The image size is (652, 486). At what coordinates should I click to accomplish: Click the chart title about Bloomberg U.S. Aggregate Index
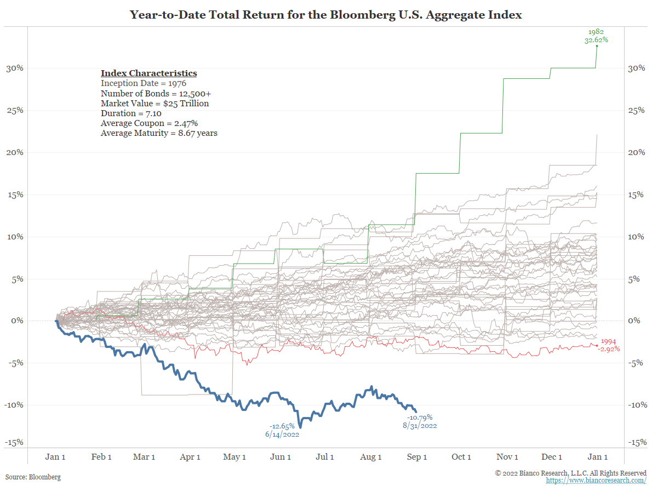[x=325, y=15]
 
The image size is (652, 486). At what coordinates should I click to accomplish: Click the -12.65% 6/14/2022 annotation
[x=283, y=430]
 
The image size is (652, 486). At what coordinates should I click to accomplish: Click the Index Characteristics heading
[x=148, y=73]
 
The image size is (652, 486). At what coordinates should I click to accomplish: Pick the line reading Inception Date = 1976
[x=144, y=83]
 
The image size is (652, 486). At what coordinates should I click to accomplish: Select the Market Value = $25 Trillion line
[x=155, y=103]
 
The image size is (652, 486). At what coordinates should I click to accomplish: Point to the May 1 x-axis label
[x=235, y=457]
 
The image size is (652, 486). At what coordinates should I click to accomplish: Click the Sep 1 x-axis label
[x=417, y=457]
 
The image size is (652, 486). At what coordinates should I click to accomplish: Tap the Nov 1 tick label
[x=508, y=457]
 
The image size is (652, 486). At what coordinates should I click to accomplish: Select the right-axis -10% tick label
[x=636, y=405]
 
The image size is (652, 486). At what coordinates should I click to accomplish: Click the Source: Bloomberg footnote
[x=33, y=477]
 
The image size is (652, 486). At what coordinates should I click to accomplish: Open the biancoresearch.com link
[x=596, y=480]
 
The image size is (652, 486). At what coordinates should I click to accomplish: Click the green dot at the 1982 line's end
[x=597, y=45]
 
